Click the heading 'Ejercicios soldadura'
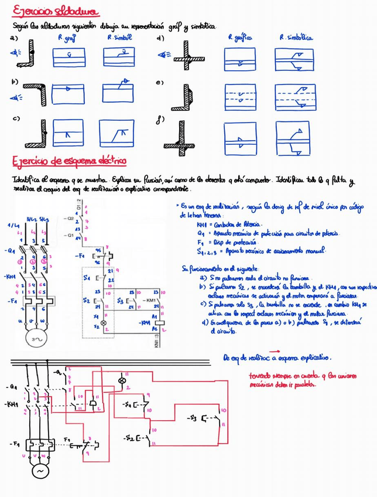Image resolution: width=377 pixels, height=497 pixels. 56,11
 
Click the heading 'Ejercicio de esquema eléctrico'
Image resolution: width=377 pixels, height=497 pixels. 70,161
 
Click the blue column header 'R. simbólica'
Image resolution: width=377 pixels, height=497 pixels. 296,37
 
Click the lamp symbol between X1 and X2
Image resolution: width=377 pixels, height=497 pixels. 105,322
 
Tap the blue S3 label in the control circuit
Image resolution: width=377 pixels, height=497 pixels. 119,300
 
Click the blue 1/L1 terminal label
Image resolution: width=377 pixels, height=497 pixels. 12,226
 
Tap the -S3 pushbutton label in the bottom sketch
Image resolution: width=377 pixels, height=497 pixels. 193,418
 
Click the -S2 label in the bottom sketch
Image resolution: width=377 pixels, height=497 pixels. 132,437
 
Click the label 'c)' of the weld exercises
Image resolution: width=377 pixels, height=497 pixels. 16,118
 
